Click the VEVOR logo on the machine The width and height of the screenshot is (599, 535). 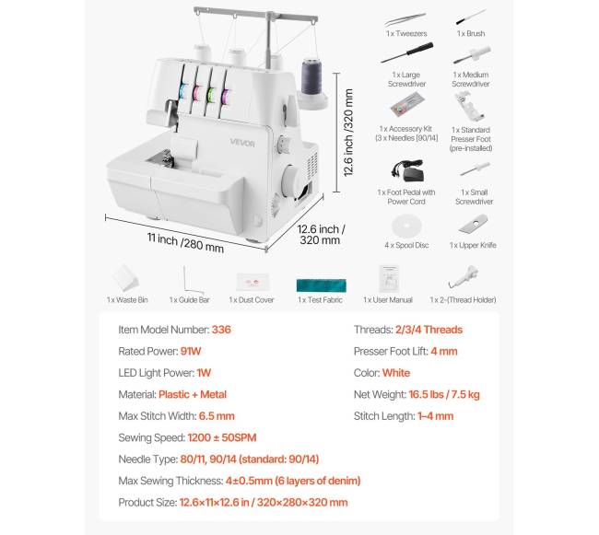(242, 143)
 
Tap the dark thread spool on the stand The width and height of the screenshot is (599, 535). (311, 77)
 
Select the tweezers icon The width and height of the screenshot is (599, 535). (405, 19)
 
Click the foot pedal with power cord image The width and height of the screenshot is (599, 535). (407, 171)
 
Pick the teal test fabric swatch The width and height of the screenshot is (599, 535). (322, 285)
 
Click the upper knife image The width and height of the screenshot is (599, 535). (474, 224)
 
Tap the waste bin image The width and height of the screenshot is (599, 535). (125, 278)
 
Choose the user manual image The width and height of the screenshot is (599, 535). (389, 279)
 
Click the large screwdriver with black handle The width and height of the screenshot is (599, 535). (407, 52)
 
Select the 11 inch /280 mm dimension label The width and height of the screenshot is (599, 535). (185, 243)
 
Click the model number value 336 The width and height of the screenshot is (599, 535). (221, 330)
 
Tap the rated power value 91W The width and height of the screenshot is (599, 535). (191, 351)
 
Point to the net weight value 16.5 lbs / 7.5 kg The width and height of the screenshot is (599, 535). (444, 394)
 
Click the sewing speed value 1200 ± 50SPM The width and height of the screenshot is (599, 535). (222, 437)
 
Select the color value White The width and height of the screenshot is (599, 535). (396, 373)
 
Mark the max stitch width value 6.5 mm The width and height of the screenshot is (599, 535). (217, 416)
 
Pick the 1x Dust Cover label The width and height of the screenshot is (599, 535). (252, 300)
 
